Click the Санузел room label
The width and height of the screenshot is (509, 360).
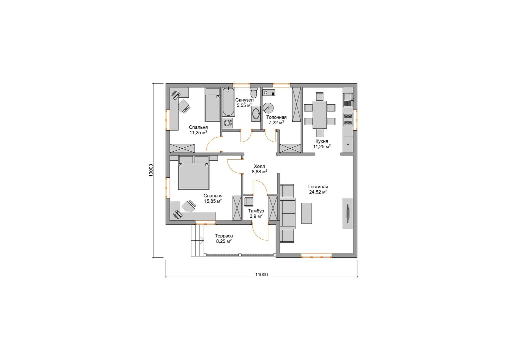coord(245,100)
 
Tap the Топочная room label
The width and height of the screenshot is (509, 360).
coord(276,117)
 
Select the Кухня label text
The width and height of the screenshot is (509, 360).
coord(322,141)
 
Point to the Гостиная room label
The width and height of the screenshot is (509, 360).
coord(318,187)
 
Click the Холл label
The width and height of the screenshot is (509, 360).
coord(259,166)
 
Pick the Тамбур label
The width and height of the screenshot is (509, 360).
coord(256,211)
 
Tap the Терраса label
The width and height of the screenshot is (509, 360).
coord(224,236)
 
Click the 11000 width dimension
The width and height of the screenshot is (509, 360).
coord(261,274)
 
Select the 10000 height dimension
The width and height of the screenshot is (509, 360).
coord(151,170)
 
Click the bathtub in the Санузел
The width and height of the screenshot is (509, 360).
coord(229,102)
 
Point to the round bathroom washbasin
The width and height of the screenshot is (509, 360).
coord(256,113)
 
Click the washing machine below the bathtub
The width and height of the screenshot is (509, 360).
coord(227,123)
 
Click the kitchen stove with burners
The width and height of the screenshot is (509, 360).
coord(348,119)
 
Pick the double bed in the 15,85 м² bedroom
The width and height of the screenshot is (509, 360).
coord(194,173)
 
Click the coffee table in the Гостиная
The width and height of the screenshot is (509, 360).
coord(307,213)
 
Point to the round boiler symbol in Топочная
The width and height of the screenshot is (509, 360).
coord(268,108)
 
